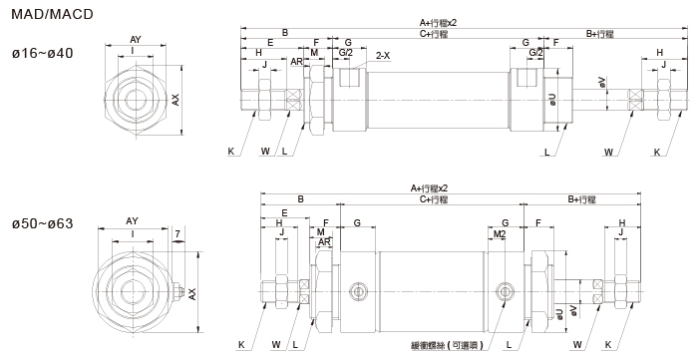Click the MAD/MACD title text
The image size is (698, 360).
pyautogui.click(x=52, y=14)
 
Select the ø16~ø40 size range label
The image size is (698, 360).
pyautogui.click(x=43, y=54)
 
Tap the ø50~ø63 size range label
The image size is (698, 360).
pyautogui.click(x=43, y=223)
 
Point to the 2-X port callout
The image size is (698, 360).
pyautogui.click(x=383, y=56)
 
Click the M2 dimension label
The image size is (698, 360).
pyautogui.click(x=500, y=234)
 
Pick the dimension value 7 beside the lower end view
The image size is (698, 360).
pyautogui.click(x=177, y=233)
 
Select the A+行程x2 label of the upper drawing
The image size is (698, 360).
pyautogui.click(x=438, y=23)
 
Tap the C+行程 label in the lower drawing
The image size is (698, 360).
pyautogui.click(x=434, y=199)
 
